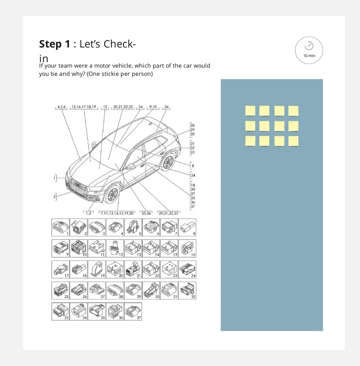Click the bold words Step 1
(x=55, y=44)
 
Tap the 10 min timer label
(x=309, y=56)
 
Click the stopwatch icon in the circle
(x=309, y=45)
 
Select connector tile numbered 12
(x=115, y=248)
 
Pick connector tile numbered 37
(x=133, y=311)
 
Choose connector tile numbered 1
(x=61, y=227)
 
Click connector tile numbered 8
(x=187, y=227)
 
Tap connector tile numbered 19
(x=97, y=269)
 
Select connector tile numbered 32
(x=187, y=290)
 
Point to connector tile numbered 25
(x=61, y=290)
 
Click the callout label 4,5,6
(x=61, y=107)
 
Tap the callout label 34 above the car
(x=166, y=107)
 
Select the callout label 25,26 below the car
(x=146, y=213)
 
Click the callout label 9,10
(x=153, y=107)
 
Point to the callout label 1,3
(x=88, y=213)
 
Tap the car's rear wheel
(x=168, y=162)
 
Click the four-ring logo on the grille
(x=77, y=186)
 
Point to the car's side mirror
(x=131, y=166)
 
